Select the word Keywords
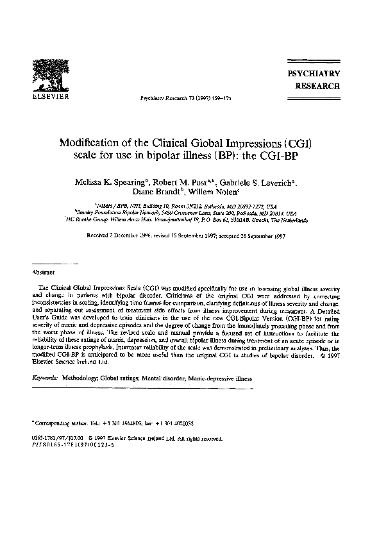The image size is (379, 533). tap(46, 380)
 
